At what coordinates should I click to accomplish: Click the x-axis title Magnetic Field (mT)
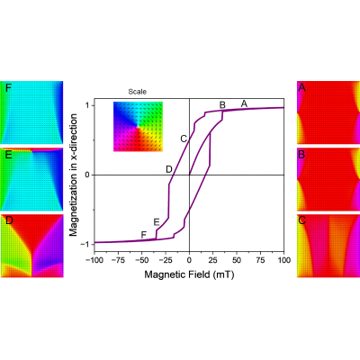click(x=189, y=274)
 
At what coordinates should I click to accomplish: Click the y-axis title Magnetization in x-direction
click(x=73, y=175)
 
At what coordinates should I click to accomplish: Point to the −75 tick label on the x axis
click(x=118, y=260)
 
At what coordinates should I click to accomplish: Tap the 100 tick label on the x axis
click(x=283, y=260)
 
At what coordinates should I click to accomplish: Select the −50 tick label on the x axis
click(x=142, y=260)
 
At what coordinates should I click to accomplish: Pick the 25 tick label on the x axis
click(x=213, y=260)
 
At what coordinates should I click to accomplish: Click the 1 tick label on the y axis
click(x=89, y=105)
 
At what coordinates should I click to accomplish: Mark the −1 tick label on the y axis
click(x=86, y=244)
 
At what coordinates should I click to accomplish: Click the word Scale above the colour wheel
click(x=138, y=92)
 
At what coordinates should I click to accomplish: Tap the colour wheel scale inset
click(x=138, y=127)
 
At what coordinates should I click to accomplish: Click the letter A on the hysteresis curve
click(x=244, y=103)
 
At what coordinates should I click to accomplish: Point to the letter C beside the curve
click(x=184, y=139)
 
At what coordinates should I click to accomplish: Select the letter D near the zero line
click(x=169, y=169)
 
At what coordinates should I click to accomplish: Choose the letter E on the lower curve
click(x=157, y=222)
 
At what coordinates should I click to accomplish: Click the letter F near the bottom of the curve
click(x=144, y=235)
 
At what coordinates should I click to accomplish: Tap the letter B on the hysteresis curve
click(x=222, y=105)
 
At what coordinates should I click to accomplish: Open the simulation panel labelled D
click(x=31, y=246)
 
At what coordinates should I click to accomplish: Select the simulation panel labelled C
click(x=328, y=246)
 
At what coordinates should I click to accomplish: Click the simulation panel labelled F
click(x=31, y=112)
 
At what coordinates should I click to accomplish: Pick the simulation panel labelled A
click(x=328, y=112)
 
